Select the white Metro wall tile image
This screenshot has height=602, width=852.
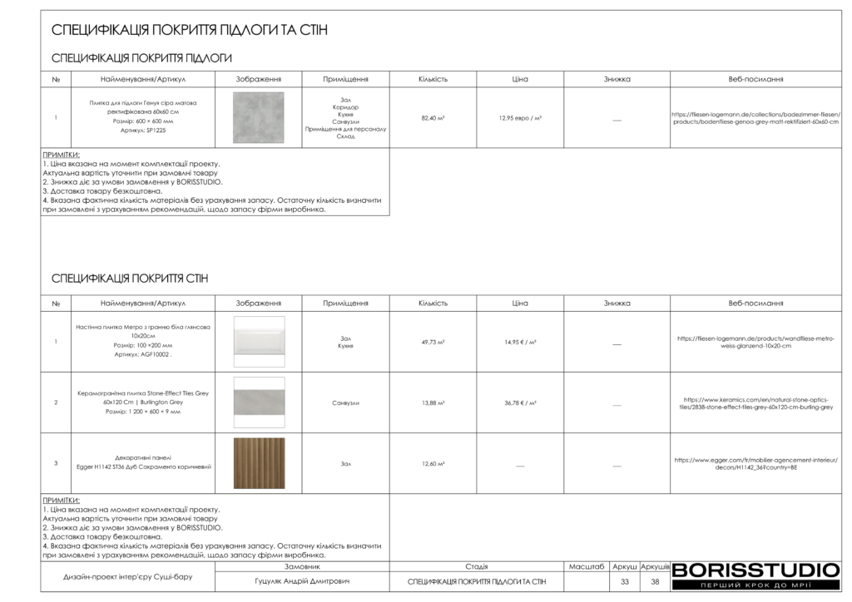pos(259,341)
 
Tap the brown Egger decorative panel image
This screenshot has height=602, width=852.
pos(259,463)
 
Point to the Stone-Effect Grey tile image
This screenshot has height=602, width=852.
pos(259,402)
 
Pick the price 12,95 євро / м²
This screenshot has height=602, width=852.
pos(520,118)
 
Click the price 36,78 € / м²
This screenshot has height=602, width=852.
pos(520,402)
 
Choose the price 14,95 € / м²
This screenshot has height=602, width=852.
pos(520,342)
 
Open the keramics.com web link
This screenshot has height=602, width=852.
pos(755,403)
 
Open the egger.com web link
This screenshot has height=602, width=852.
pos(755,463)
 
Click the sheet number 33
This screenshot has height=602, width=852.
pos(624,582)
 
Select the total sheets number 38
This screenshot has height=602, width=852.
pos(655,582)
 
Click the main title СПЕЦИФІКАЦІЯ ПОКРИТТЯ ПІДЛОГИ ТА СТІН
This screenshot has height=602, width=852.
pos(190,30)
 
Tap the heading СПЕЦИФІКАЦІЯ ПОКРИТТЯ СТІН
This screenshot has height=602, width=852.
pos(130,278)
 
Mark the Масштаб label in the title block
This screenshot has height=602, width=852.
pos(587,566)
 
